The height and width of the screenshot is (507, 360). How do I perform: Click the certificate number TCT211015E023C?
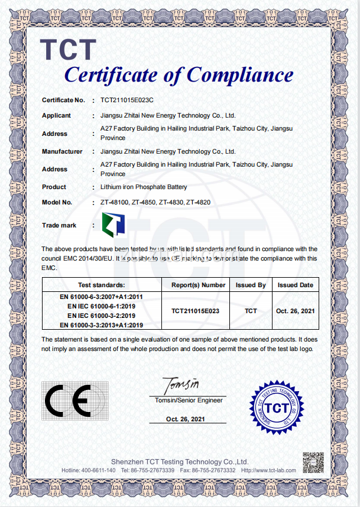pos(127,101)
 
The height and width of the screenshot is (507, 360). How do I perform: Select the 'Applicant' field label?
pos(56,116)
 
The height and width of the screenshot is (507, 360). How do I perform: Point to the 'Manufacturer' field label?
pos(62,152)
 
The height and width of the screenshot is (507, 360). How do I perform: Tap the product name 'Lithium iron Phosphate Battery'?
pos(144,187)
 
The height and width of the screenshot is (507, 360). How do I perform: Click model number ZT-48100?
pos(115,203)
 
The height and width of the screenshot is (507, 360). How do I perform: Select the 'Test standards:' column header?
pos(102,285)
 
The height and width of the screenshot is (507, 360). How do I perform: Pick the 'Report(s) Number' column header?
pos(199,285)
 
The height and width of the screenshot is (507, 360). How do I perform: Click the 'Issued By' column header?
pos(251,285)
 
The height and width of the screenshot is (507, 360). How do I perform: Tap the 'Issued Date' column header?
pos(296,285)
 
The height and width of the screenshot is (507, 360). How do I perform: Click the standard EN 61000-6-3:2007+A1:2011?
pos(102,296)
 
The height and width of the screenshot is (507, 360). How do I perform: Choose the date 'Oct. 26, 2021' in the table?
pos(295,310)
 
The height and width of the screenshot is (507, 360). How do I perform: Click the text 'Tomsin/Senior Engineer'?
pos(189,401)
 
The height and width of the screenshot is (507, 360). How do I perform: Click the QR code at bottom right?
pos(313,462)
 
